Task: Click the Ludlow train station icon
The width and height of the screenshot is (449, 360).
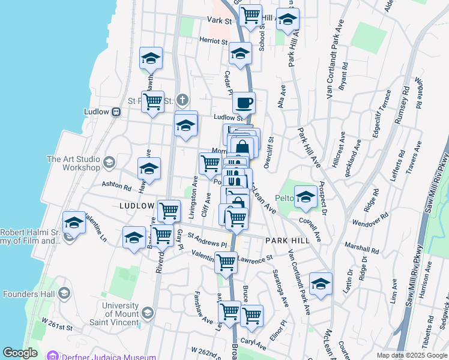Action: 116,112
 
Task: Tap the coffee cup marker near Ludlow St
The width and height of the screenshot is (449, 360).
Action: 244,103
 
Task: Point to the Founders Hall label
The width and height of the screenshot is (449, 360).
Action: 29,294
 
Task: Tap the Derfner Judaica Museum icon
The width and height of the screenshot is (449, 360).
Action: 55,357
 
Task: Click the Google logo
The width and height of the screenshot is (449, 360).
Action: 20,353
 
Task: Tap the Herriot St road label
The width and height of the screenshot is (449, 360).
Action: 214,42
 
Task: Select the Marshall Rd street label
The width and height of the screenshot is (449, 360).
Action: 362,246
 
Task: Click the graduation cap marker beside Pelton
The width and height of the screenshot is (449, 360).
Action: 306,197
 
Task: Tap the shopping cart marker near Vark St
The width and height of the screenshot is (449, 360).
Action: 250,14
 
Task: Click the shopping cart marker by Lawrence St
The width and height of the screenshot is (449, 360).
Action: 226,262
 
